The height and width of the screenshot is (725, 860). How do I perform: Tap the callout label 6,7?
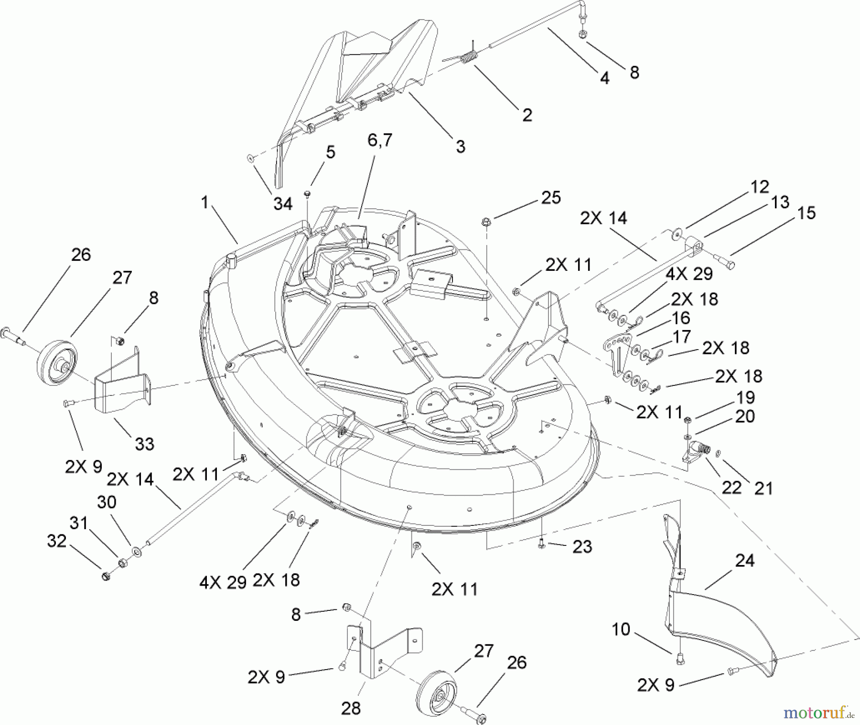pyautogui.click(x=379, y=141)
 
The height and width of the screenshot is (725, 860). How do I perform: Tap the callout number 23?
pyautogui.click(x=582, y=546)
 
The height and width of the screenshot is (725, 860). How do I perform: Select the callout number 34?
pyautogui.click(x=283, y=204)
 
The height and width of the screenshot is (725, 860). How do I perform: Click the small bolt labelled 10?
pyautogui.click(x=679, y=660)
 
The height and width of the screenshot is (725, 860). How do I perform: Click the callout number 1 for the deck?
pyautogui.click(x=205, y=203)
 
